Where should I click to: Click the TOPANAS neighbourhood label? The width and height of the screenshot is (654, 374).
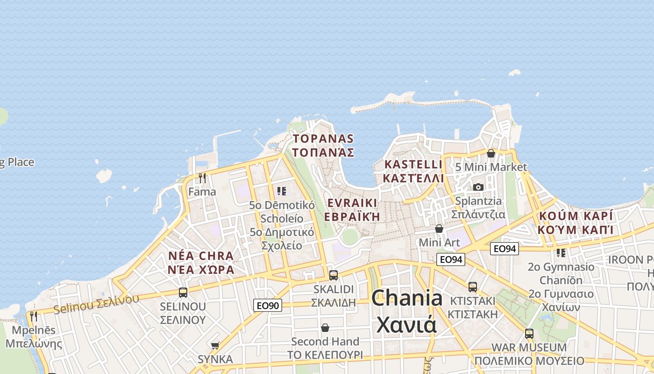[x=323, y=145]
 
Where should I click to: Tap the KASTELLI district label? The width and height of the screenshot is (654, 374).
[x=413, y=171]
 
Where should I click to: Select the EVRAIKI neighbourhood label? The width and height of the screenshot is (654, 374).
[x=352, y=209]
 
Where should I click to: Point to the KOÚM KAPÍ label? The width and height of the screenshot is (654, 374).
[x=575, y=223]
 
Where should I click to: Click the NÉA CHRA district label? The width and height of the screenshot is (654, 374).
[x=201, y=263]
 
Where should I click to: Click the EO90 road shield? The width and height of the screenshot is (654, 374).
[x=268, y=306]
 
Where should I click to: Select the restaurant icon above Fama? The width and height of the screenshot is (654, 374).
[x=202, y=178]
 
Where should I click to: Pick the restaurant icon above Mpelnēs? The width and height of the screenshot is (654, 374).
[x=33, y=316]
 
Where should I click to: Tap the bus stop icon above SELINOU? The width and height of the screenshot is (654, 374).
[x=183, y=293]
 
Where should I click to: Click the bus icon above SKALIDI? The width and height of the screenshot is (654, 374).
[x=334, y=275]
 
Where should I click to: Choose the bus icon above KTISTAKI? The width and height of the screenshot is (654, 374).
[x=473, y=287]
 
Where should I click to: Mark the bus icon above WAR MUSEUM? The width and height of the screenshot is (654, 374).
[x=529, y=334]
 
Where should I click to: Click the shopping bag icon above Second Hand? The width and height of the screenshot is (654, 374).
[x=325, y=328]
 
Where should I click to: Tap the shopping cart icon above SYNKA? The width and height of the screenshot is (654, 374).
[x=215, y=345]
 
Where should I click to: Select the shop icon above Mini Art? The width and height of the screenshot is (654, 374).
[x=439, y=229]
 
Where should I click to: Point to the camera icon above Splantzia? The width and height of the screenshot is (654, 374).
[x=478, y=187]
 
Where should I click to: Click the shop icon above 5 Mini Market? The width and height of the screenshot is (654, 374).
[x=491, y=153]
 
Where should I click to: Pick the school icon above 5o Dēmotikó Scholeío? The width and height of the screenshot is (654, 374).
[x=281, y=191]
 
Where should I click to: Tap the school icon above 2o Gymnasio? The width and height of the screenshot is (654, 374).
[x=561, y=253]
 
